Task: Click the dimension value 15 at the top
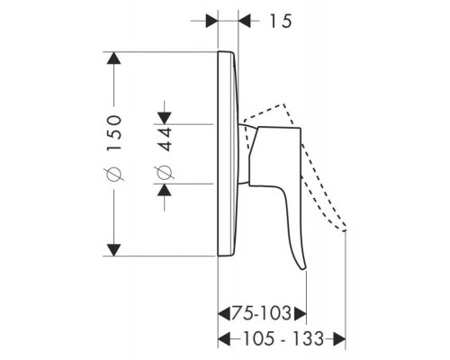tap(281, 22)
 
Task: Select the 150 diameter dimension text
tap(114, 132)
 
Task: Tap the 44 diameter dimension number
tap(165, 139)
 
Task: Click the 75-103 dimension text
tap(261, 313)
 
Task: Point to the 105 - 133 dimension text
tap(283, 338)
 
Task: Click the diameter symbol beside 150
tap(114, 175)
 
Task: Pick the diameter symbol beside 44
tap(165, 173)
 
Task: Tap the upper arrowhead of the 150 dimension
tap(113, 58)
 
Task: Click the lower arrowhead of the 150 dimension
tap(113, 250)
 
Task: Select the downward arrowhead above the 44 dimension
tap(165, 118)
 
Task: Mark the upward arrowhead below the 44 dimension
tap(165, 190)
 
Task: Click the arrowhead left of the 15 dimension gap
tap(211, 21)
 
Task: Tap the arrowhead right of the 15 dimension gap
tap(245, 21)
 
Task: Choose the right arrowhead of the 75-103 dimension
tap(301, 313)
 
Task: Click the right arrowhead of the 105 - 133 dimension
tap(339, 339)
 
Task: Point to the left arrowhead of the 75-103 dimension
tap(224, 313)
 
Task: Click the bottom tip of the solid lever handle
tap(303, 270)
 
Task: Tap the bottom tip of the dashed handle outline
tap(345, 230)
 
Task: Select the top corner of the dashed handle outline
tap(283, 104)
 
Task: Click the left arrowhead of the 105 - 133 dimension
tap(224, 339)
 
